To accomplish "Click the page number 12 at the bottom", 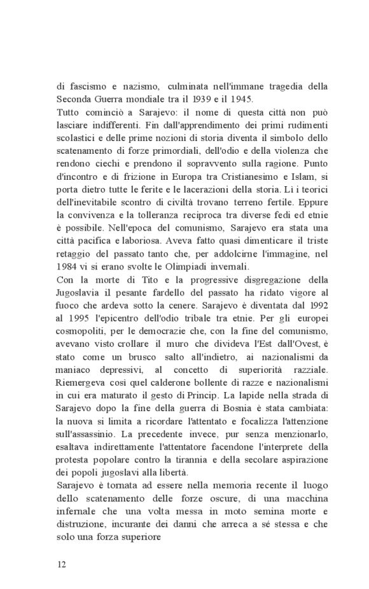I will tap(62, 563).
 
